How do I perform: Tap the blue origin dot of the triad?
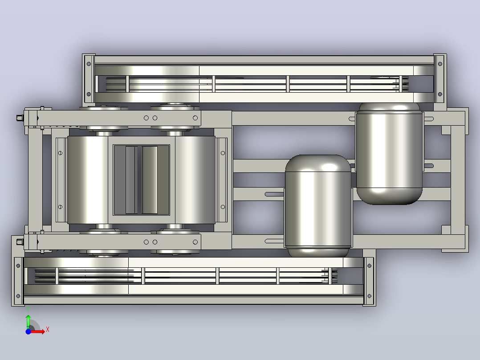(28, 331)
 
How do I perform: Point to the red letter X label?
(48, 330)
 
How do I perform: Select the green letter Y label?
(28, 311)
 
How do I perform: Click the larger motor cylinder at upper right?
(389, 153)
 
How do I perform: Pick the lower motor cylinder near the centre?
(318, 206)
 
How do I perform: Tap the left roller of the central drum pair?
(88, 180)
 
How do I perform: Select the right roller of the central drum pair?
(195, 180)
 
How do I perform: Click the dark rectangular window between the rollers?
(142, 180)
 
